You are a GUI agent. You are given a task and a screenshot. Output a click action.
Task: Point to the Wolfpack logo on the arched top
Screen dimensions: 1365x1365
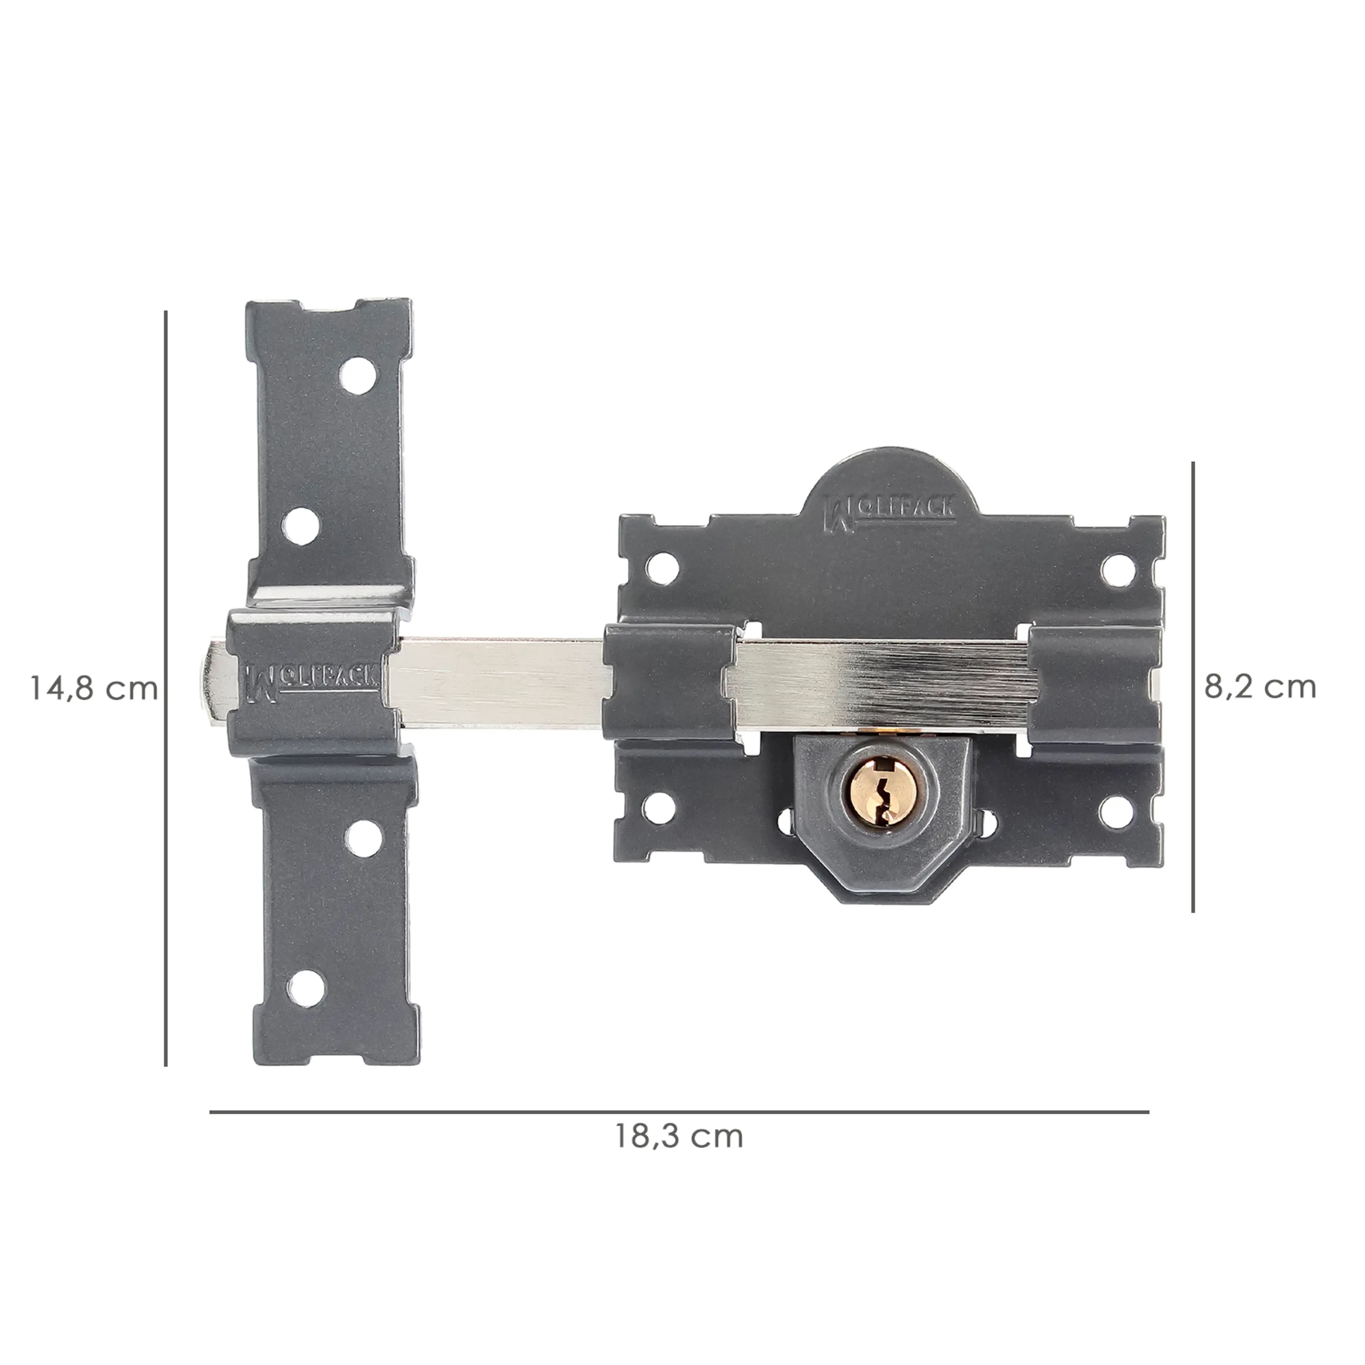[x=892, y=510]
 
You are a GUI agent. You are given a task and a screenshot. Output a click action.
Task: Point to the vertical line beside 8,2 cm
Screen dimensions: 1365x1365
[x=1193, y=687]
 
